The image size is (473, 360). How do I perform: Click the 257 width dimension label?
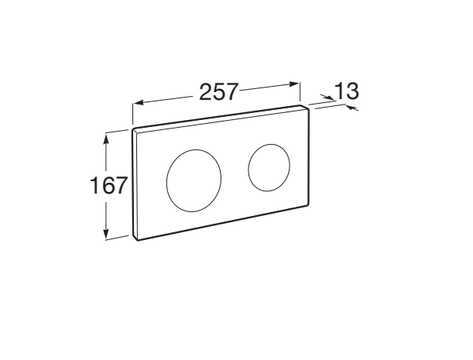(x=219, y=91)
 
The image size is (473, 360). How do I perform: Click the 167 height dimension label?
(x=108, y=185)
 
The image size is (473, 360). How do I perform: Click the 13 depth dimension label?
(x=347, y=91)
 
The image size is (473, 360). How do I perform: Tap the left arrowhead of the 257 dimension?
(x=138, y=103)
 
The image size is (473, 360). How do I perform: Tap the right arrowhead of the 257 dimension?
(x=294, y=84)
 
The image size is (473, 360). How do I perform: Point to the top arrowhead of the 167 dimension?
(x=105, y=139)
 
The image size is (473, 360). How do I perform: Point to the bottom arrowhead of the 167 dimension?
(x=106, y=234)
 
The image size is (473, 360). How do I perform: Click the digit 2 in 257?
(x=206, y=92)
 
